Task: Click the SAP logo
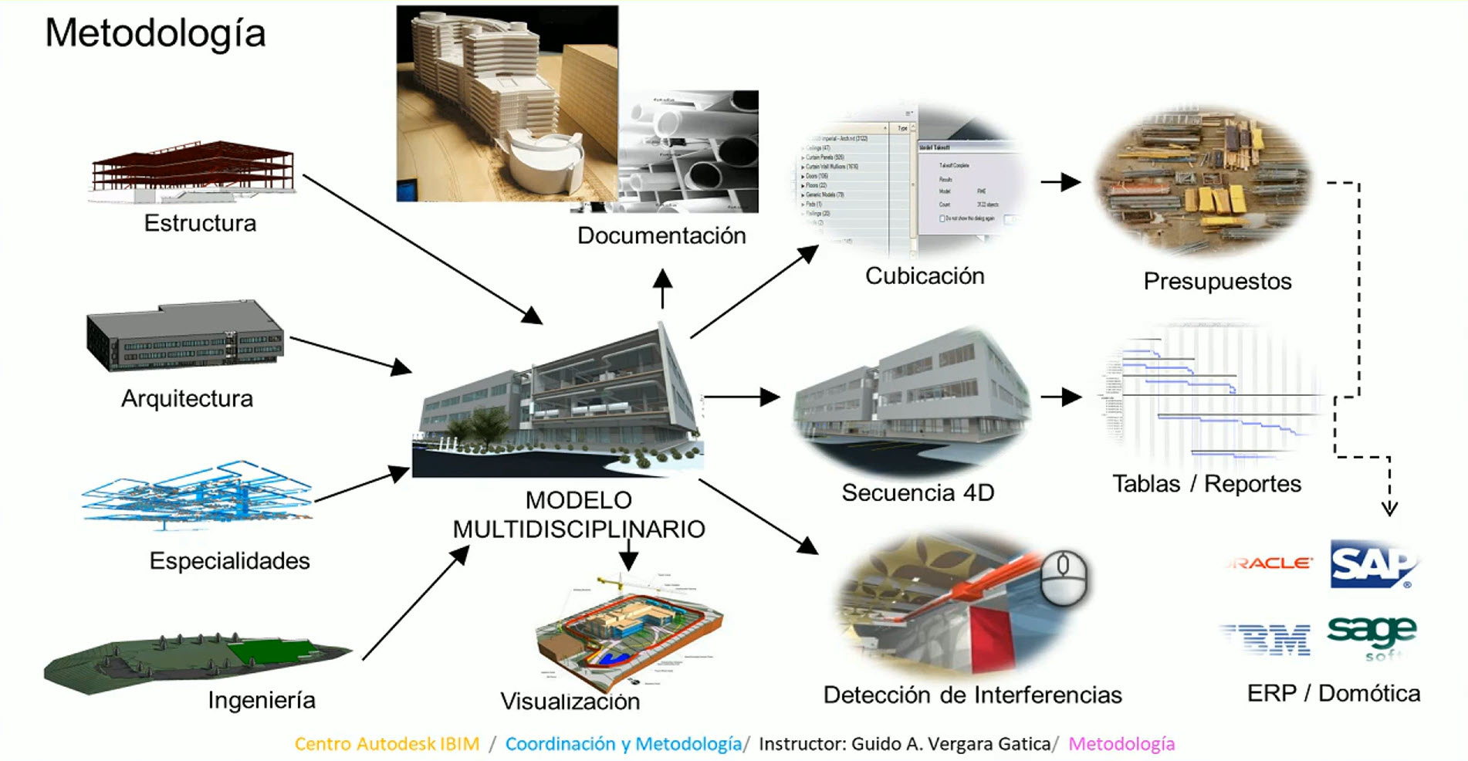(1373, 564)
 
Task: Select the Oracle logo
(1270, 563)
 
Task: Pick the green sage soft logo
(1372, 636)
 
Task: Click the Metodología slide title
(155, 33)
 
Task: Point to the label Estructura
(200, 223)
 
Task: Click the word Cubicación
(924, 276)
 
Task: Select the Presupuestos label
(1217, 281)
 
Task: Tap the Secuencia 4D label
(917, 492)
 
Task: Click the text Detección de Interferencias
(972, 695)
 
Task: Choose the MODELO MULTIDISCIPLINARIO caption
(578, 515)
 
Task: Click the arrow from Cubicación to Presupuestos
(1061, 183)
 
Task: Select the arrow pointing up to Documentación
(662, 288)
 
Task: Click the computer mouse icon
(1064, 577)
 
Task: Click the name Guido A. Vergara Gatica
(950, 744)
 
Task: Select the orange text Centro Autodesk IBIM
(387, 744)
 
